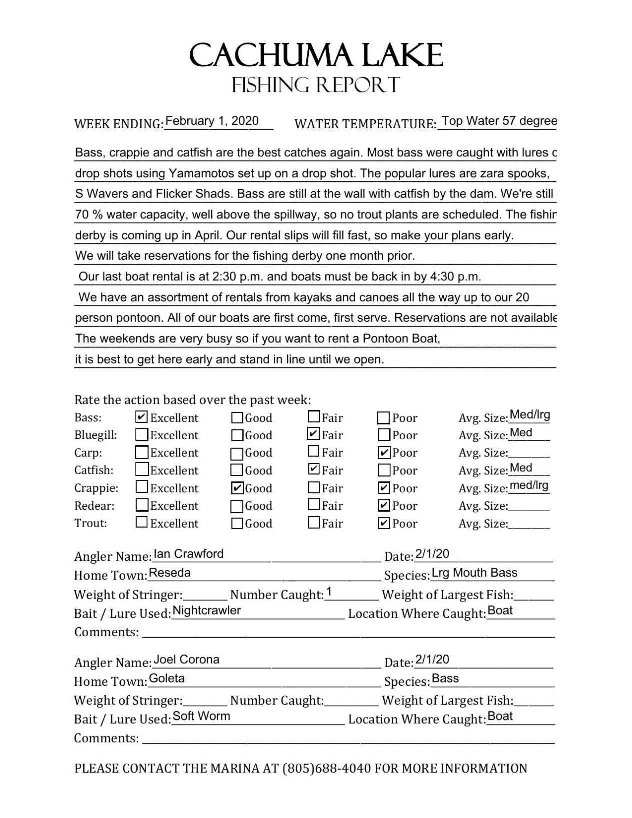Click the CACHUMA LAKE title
coord(316,55)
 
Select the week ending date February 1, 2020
coord(212,121)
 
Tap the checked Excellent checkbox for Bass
coord(141,417)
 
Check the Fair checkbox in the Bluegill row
coord(313,434)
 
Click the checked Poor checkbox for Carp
coord(384,453)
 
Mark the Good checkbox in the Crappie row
coord(238,488)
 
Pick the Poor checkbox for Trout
coord(384,523)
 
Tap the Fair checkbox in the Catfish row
coord(313,469)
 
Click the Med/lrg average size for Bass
coord(530,415)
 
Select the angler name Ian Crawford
coord(189,554)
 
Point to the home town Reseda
coord(170,573)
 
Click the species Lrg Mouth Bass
coord(474,573)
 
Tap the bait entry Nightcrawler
coord(206,610)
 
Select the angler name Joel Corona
coord(186,659)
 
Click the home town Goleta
coord(167,678)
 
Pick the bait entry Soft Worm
coord(201,716)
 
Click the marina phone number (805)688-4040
coord(326,768)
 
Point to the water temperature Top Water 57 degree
coord(499,121)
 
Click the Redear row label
coord(94,506)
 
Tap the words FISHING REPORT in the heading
coord(316,85)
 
